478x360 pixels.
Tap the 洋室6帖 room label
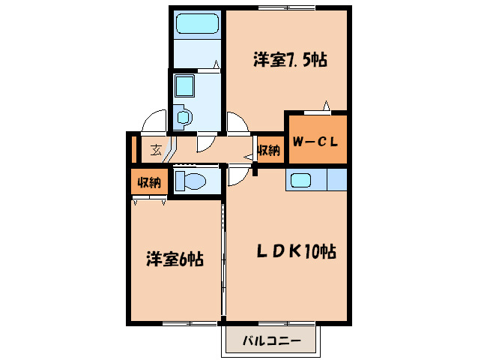(174, 259)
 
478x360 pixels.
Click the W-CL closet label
(317, 139)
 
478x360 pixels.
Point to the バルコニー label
(271, 342)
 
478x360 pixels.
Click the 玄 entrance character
(155, 149)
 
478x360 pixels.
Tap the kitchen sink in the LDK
(301, 181)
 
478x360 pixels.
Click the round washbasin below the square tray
(182, 116)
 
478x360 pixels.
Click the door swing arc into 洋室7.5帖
(237, 123)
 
